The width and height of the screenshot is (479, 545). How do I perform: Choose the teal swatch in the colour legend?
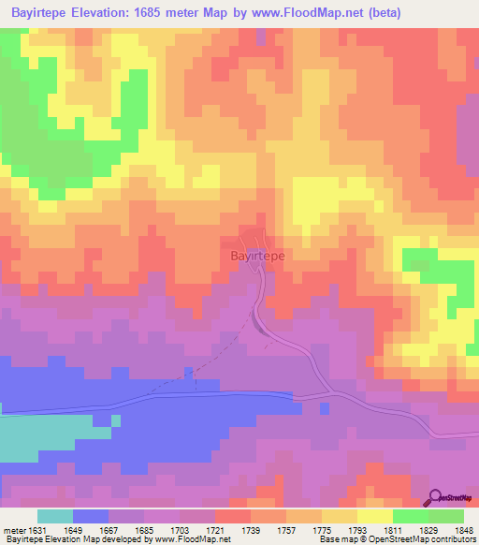(x=54, y=516)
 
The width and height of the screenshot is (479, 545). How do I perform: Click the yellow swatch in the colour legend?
(x=375, y=516)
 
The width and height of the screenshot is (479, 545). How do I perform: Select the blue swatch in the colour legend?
(x=90, y=516)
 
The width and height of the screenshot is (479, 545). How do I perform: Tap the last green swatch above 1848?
(x=446, y=516)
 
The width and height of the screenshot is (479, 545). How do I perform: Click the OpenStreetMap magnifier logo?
(x=437, y=497)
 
